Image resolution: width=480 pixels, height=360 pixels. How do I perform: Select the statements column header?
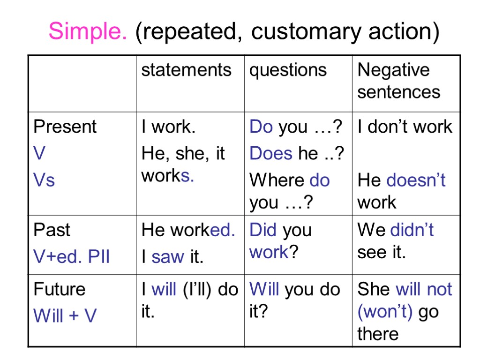click(x=186, y=70)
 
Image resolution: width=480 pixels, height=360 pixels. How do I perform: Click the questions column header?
click(x=288, y=70)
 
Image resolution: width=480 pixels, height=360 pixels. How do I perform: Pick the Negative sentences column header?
click(x=398, y=81)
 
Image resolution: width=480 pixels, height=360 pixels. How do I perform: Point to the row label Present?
click(x=65, y=127)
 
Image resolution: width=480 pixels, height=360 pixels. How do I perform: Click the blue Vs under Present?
click(x=44, y=180)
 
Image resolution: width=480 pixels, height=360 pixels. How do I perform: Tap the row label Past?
click(x=52, y=230)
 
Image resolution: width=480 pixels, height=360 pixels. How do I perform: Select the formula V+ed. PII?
click(x=71, y=256)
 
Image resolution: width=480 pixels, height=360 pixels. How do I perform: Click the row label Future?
click(x=60, y=289)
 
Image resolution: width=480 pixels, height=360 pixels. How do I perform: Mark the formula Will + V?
click(x=65, y=315)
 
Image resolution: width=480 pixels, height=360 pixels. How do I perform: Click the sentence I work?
click(x=168, y=127)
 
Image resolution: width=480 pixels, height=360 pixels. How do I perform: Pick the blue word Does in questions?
click(x=271, y=153)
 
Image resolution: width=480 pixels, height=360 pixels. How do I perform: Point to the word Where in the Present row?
click(x=277, y=180)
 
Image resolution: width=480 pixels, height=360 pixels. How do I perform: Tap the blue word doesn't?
click(x=416, y=180)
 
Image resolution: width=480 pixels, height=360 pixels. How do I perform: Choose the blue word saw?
click(x=167, y=256)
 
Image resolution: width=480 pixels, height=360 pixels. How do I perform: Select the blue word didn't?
click(x=412, y=230)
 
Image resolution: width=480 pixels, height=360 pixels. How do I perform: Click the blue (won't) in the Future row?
click(x=385, y=312)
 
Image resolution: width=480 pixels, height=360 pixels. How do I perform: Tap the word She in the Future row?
click(x=374, y=289)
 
